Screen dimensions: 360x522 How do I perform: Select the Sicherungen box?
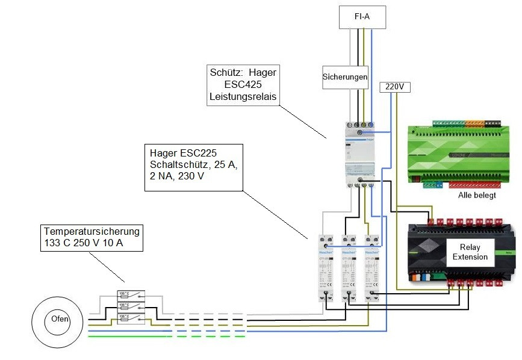pos(345,77)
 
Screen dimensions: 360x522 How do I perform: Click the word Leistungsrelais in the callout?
pos(243,96)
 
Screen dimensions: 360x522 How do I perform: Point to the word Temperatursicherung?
pos(92,231)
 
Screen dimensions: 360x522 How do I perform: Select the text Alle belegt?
pos(476,196)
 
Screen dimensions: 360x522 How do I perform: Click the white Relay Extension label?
pos(470,252)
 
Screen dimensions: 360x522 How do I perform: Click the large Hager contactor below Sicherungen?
pos(359,154)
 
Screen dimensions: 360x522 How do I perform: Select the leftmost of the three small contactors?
pos(326,267)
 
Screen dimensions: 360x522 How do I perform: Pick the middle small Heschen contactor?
pos(349,267)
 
